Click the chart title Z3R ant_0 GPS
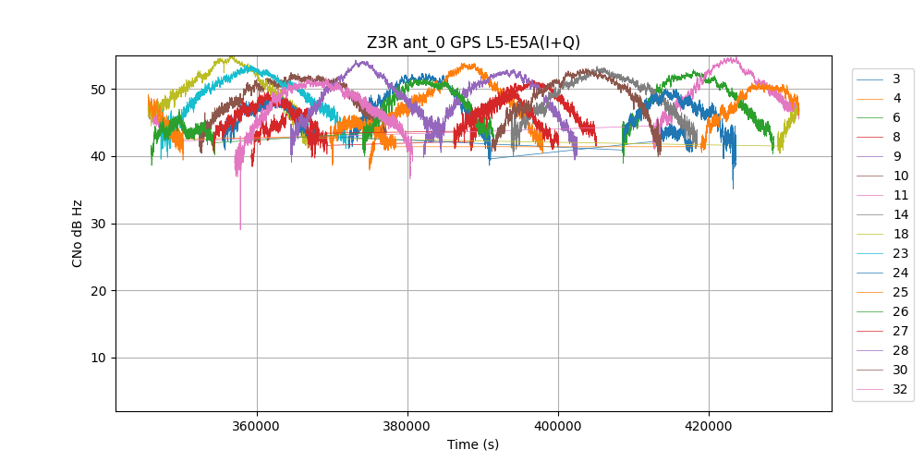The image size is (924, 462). click(x=473, y=43)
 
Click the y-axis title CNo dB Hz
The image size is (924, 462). click(x=78, y=233)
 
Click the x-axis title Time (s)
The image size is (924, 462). click(x=473, y=444)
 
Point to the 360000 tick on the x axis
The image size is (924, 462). click(x=257, y=426)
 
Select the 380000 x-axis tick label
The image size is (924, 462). click(x=407, y=426)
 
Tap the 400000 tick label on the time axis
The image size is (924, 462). click(x=558, y=426)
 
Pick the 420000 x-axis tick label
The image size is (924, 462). click(x=709, y=426)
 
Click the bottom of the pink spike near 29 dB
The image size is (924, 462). click(x=240, y=229)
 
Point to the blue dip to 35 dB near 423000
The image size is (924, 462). click(x=734, y=188)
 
